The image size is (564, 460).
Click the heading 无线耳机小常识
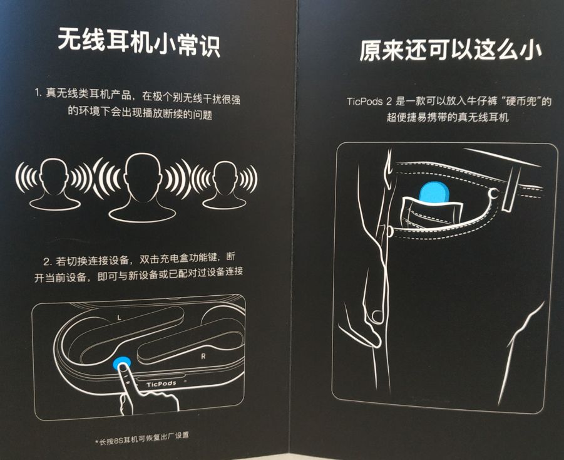pos(139,43)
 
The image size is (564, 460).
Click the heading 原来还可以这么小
pos(450,50)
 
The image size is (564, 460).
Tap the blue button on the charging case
pos(121,362)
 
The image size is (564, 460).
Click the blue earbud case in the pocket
pos(434,193)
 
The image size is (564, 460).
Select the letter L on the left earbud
pos(120,318)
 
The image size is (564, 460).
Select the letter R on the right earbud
pos(203,356)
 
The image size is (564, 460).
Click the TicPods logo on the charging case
pos(161,384)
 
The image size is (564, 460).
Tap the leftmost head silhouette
pos(54,184)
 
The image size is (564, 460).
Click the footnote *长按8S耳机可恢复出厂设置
pos(141,439)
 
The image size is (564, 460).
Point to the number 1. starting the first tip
pos(38,93)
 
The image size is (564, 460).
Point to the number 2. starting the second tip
pos(48,261)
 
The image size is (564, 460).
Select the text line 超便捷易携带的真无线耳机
pos(448,117)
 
